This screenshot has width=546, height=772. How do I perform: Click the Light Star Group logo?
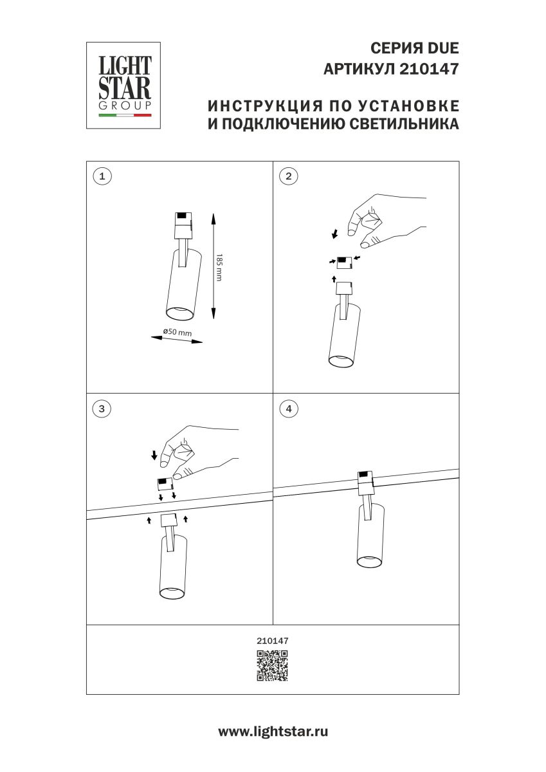point(123,85)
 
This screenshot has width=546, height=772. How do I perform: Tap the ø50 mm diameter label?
point(177,332)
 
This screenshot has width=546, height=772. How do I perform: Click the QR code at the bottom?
point(273,665)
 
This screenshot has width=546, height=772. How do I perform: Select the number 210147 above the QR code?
point(273,641)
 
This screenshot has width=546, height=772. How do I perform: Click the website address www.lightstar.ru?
point(273,731)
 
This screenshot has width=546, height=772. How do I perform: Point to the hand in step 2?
point(379,217)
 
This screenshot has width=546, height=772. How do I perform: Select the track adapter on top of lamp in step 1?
point(183,223)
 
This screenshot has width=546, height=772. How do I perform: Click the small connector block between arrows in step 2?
point(345,261)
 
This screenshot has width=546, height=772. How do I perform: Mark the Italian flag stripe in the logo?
point(125,116)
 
